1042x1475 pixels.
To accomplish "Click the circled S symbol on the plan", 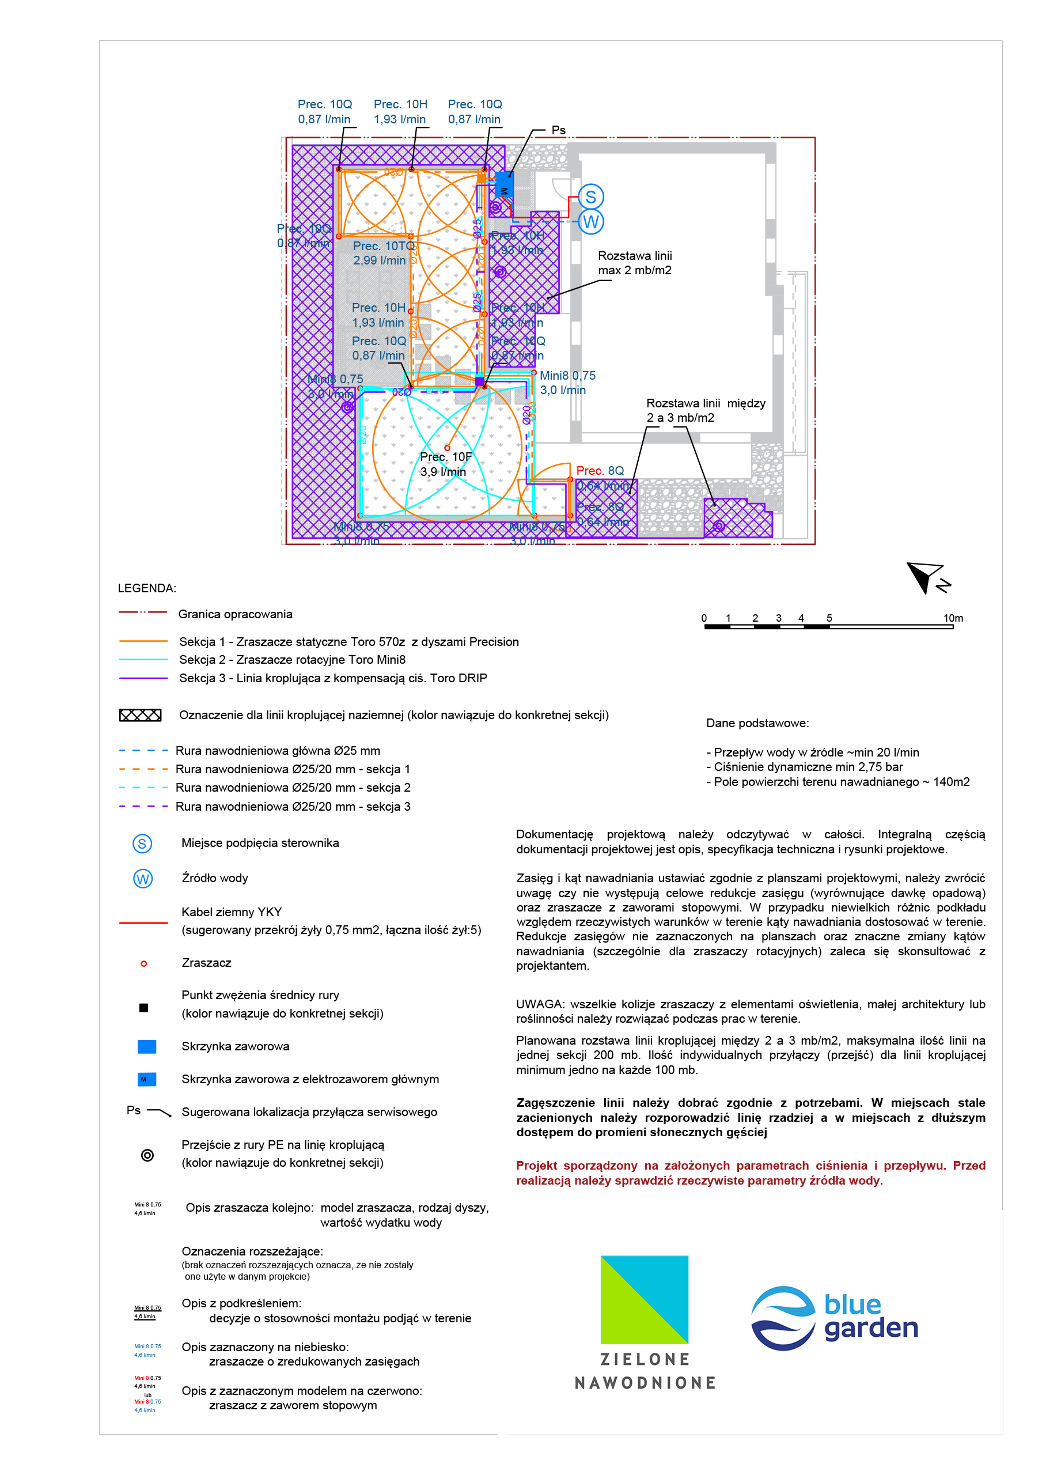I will pyautogui.click(x=590, y=197).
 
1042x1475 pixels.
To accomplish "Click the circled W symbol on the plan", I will pyautogui.click(x=590, y=222).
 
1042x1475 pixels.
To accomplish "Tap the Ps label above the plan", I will pyautogui.click(x=558, y=130).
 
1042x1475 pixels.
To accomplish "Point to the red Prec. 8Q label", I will pyautogui.click(x=600, y=471).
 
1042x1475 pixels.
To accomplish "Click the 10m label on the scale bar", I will pyautogui.click(x=953, y=618).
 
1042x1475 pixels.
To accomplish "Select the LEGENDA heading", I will pyautogui.click(x=146, y=588).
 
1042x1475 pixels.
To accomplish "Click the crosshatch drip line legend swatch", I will pyautogui.click(x=140, y=716).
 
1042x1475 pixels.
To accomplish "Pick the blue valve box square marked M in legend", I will pyautogui.click(x=146, y=1079).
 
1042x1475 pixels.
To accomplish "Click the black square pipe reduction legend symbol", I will pyautogui.click(x=144, y=1008).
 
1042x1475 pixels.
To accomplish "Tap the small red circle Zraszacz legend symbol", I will pyautogui.click(x=144, y=963).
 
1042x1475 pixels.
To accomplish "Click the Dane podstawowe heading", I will pyautogui.click(x=757, y=723).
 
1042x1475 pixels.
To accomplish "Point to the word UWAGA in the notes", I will pyautogui.click(x=539, y=1004).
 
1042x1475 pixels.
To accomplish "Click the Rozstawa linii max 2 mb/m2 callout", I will pyautogui.click(x=635, y=263).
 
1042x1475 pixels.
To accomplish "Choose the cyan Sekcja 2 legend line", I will pyautogui.click(x=143, y=660).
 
